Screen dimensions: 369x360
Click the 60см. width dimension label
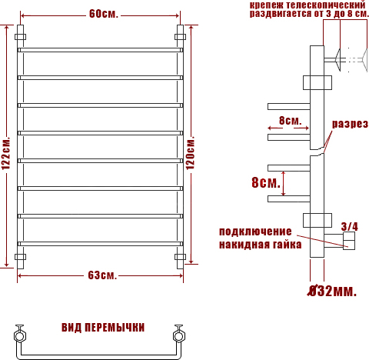(104, 14)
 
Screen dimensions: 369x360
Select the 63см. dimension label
(102, 275)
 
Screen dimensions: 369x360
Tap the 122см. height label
(6, 153)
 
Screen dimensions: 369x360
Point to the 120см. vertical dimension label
(190, 153)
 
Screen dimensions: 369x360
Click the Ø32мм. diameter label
(332, 291)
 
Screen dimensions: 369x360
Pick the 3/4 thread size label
(350, 226)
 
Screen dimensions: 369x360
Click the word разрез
(350, 124)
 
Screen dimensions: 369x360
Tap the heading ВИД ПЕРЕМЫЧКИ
(103, 328)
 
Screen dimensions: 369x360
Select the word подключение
(255, 232)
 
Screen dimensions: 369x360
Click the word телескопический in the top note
(325, 5)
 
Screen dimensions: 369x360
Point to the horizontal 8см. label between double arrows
(290, 121)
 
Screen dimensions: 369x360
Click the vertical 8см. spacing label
(266, 182)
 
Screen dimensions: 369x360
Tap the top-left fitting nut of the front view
(20, 37)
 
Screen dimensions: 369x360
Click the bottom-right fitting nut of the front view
(181, 257)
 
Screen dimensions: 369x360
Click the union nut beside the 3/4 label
(349, 241)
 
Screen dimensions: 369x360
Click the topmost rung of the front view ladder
(101, 50)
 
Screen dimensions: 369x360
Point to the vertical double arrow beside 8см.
(284, 184)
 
